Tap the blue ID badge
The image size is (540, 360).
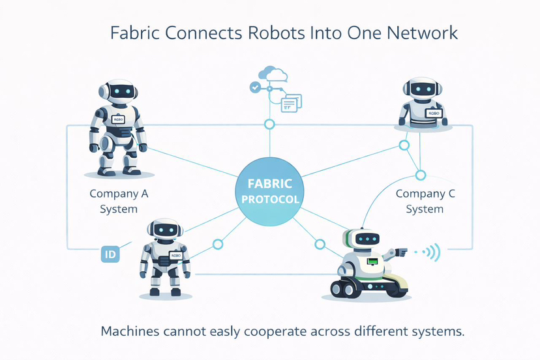coord(109,254)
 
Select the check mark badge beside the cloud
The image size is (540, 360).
coord(255,87)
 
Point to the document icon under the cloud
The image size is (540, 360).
coord(291,102)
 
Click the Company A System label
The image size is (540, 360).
coord(119,201)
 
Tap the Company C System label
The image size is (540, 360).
coord(425,201)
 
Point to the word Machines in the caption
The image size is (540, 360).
coord(131,331)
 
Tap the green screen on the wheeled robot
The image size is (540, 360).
coord(373,262)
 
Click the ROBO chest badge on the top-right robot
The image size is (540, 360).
coord(433,113)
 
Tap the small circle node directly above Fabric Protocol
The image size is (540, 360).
coord(269,125)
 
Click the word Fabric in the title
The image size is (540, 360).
coord(133,32)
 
